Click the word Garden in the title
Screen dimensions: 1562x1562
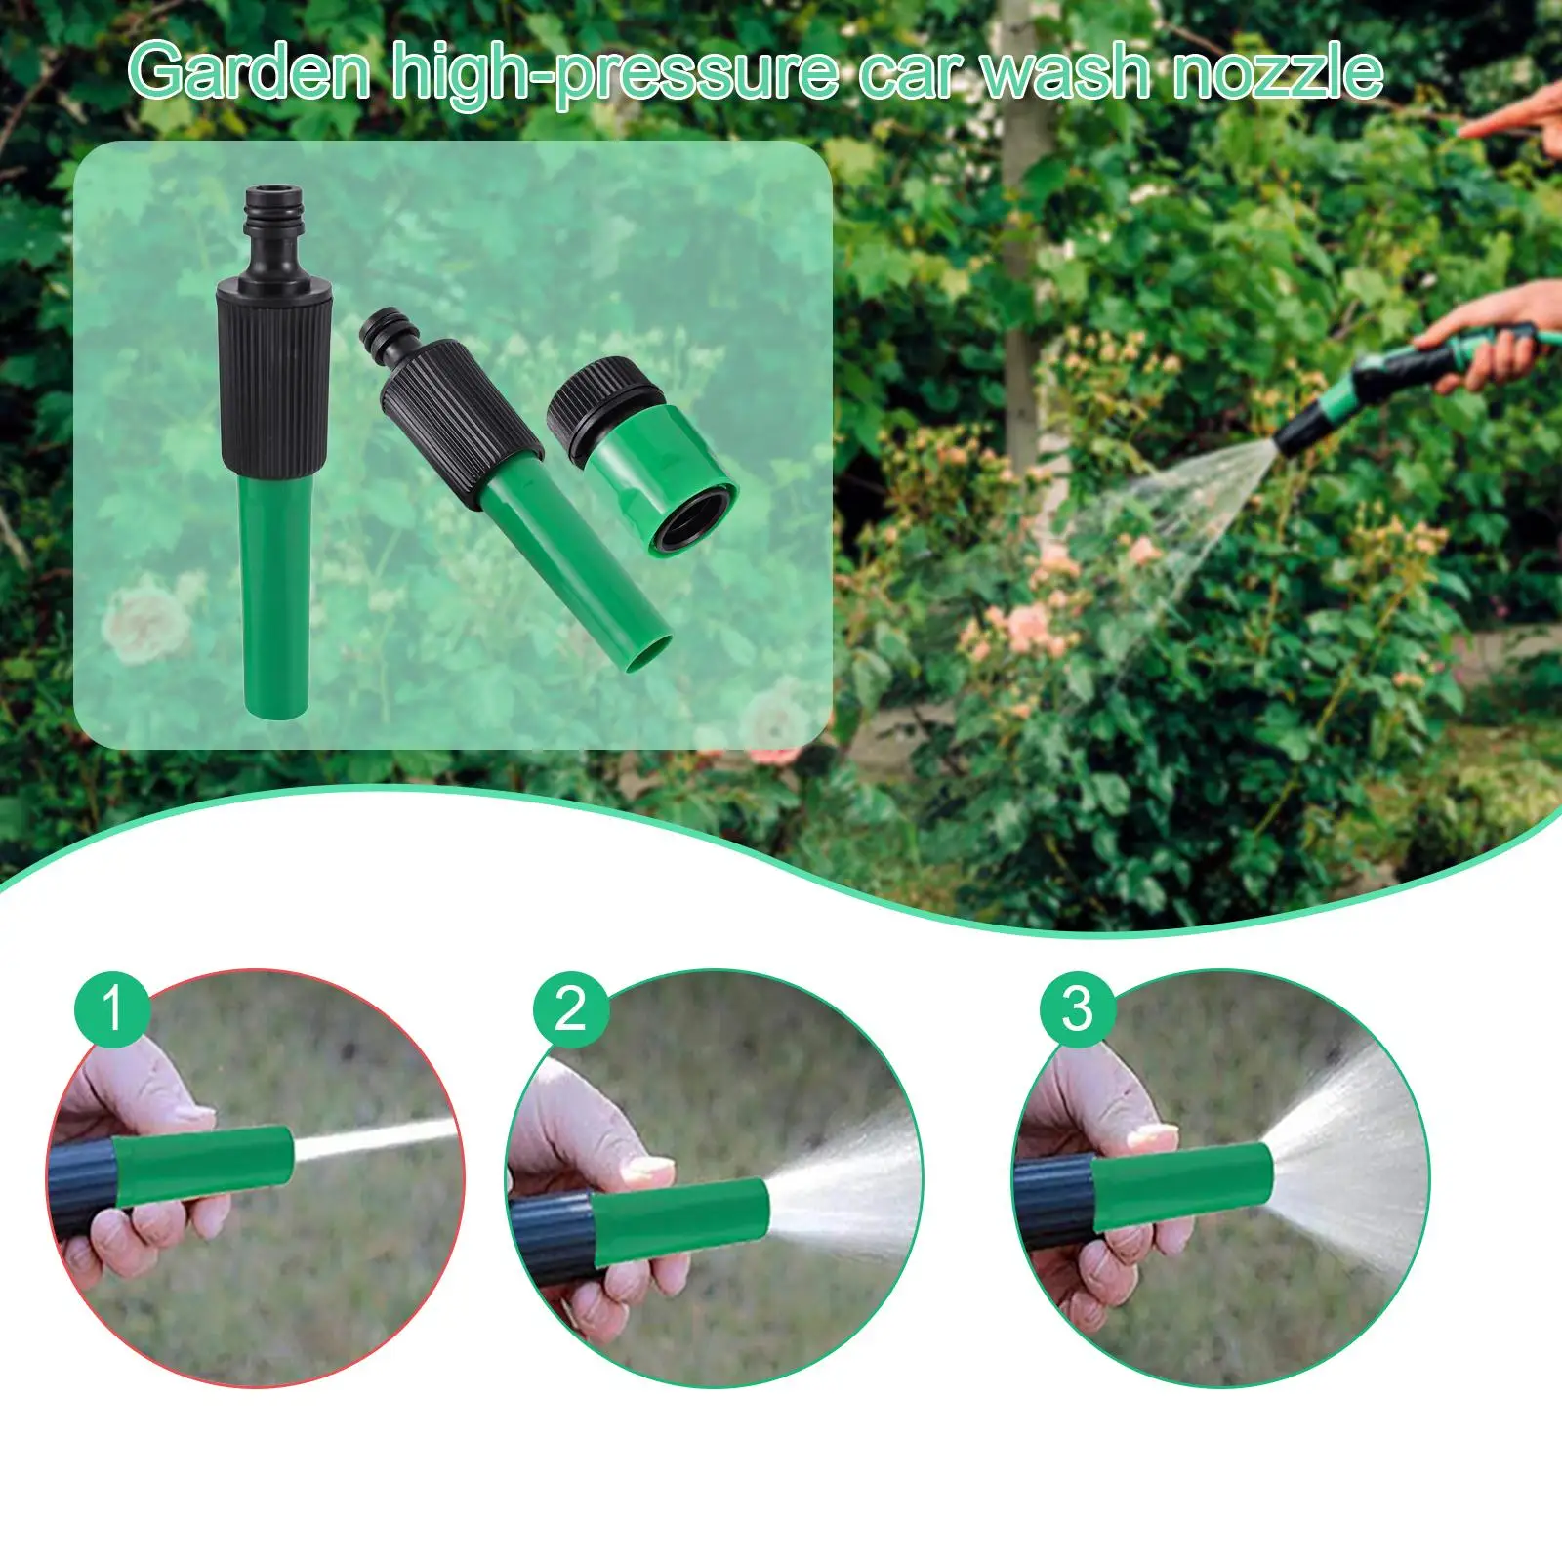[x=249, y=72]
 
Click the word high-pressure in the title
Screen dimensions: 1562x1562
[x=615, y=72]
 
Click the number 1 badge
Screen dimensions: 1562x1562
[x=112, y=1007]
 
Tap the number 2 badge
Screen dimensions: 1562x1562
[x=570, y=1008]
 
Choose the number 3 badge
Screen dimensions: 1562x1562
[x=1077, y=1008]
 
